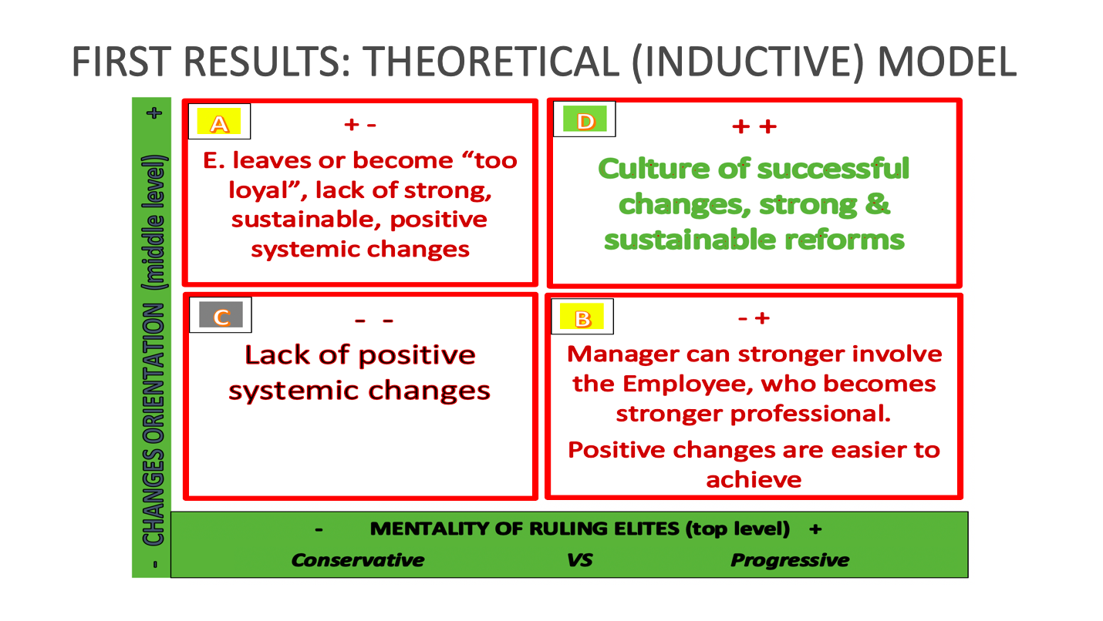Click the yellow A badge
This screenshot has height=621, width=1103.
click(219, 122)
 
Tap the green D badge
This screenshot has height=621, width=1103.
click(585, 119)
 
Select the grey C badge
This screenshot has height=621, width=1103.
click(221, 314)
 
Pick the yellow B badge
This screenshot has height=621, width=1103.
click(582, 317)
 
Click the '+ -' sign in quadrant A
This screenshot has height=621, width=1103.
click(360, 125)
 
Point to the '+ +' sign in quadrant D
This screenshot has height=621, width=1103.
click(754, 127)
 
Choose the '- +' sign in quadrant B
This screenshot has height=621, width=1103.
click(754, 318)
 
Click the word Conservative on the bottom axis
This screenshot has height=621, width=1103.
click(357, 559)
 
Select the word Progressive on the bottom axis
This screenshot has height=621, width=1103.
click(790, 560)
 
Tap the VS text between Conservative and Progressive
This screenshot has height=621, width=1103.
click(579, 560)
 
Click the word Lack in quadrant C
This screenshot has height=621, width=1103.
click(277, 354)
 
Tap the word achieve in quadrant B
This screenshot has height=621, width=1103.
click(754, 479)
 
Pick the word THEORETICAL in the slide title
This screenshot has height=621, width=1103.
click(491, 62)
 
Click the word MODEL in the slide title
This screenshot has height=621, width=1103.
click(947, 62)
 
